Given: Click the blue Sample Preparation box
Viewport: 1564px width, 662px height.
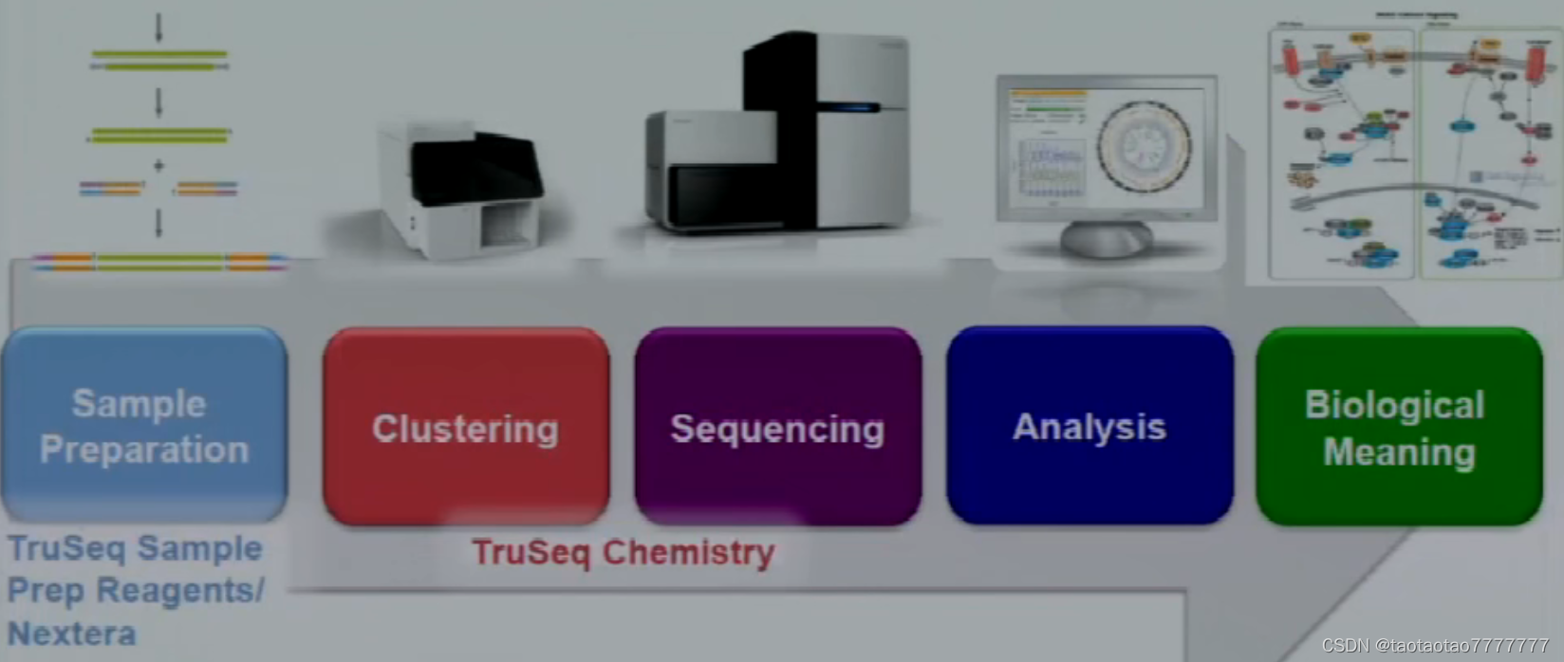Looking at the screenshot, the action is (x=144, y=425).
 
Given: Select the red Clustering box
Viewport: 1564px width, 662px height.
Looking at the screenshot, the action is (x=465, y=427).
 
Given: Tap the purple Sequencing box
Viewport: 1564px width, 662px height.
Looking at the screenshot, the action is (x=777, y=427).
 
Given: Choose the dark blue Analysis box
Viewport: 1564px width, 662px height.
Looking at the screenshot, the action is (x=1089, y=426).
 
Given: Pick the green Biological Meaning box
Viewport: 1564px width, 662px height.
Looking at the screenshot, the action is (x=1399, y=427).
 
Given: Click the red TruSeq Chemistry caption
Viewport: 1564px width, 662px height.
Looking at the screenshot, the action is (x=623, y=552).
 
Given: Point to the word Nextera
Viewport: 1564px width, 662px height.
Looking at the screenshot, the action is (x=72, y=633).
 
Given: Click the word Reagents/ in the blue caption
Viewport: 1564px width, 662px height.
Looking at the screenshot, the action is (x=180, y=590).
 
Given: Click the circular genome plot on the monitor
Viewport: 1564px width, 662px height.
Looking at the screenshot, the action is (x=1144, y=145).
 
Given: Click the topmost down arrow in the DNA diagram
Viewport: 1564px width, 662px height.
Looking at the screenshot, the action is (x=158, y=28).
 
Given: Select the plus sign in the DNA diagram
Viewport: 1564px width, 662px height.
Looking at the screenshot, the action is (x=158, y=165).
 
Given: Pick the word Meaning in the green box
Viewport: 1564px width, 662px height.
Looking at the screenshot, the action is (x=1399, y=452).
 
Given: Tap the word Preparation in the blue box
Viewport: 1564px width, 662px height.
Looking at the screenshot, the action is (x=144, y=450).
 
